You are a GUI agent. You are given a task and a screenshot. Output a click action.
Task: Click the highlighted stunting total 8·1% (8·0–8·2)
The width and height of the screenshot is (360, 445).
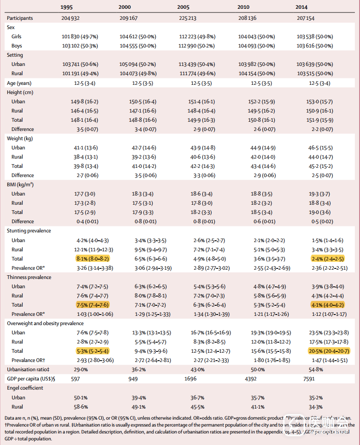click(x=92, y=259)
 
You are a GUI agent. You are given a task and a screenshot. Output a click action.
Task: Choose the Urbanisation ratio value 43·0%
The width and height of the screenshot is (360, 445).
click(x=199, y=369)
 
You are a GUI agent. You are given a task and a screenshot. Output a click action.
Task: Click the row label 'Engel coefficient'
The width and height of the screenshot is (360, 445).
click(x=25, y=388)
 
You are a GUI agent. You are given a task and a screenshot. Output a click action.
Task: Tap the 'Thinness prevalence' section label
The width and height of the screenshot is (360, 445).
click(x=29, y=277)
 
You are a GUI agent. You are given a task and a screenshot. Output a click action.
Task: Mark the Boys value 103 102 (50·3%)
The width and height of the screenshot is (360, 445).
click(x=80, y=46)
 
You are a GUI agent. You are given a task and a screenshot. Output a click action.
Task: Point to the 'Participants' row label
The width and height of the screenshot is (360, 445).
click(x=20, y=18)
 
